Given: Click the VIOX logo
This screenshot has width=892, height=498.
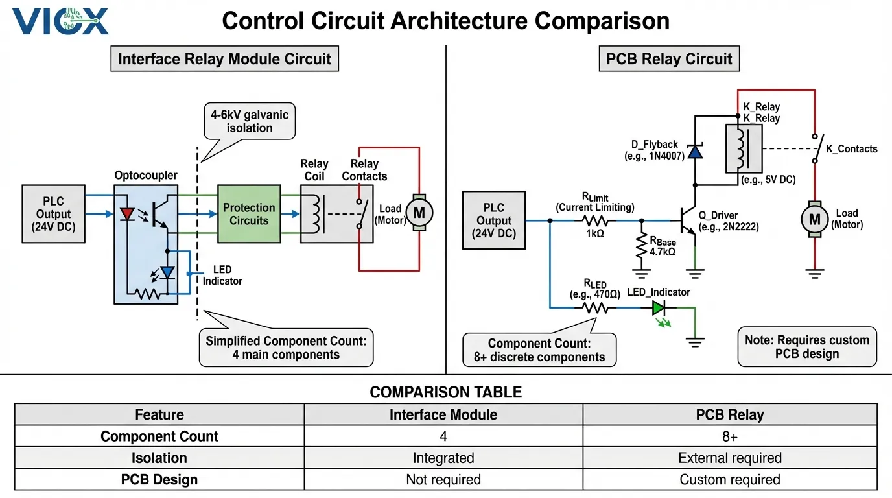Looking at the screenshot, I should pyautogui.click(x=60, y=21).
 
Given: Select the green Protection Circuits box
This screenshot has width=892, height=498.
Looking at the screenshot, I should pyautogui.click(x=249, y=214).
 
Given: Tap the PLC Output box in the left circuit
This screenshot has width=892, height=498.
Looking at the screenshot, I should pyautogui.click(x=53, y=214).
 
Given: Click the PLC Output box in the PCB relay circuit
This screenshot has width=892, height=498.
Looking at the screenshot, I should pyautogui.click(x=494, y=220).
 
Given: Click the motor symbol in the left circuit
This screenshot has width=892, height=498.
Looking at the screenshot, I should pyautogui.click(x=419, y=212).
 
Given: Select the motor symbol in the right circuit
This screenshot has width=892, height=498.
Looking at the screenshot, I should pyautogui.click(x=814, y=219).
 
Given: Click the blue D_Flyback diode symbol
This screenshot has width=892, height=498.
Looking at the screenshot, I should pyautogui.click(x=695, y=151).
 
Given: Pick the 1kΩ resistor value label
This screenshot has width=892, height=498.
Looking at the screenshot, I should pyautogui.click(x=594, y=233).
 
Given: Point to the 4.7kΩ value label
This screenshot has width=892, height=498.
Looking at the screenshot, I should pyautogui.click(x=663, y=252).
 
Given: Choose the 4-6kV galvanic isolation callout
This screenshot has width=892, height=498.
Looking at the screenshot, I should pyautogui.click(x=250, y=121).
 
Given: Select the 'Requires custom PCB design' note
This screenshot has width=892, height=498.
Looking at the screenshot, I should pyautogui.click(x=806, y=347).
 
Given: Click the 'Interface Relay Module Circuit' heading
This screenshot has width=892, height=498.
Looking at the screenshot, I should pyautogui.click(x=224, y=59).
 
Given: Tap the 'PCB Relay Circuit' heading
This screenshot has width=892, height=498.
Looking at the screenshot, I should pyautogui.click(x=668, y=59).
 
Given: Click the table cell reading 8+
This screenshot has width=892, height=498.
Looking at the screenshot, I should pyautogui.click(x=729, y=436).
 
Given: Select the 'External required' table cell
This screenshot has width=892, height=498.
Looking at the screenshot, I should pyautogui.click(x=729, y=458).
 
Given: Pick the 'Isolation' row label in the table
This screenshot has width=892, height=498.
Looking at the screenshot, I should pyautogui.click(x=159, y=458).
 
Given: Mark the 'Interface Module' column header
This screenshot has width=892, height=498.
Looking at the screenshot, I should pyautogui.click(x=443, y=414).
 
